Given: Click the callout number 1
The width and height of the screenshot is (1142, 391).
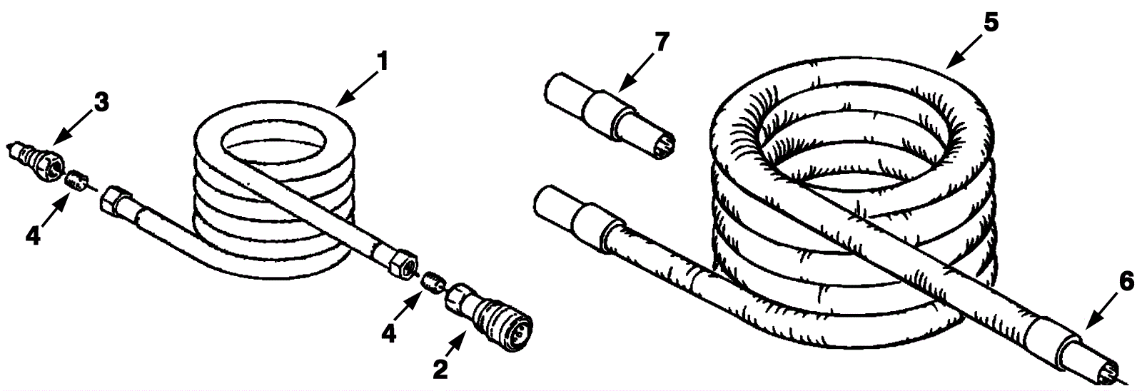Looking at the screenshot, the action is (383, 62).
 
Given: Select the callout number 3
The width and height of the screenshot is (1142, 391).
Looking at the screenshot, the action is (101, 103).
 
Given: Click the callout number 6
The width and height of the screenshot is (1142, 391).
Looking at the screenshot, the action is (1127, 282).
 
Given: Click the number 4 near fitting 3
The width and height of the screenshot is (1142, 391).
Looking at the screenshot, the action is (33, 236).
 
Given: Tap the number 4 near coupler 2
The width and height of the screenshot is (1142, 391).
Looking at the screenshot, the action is (389, 334).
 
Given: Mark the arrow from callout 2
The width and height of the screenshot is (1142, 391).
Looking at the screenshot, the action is (455, 344).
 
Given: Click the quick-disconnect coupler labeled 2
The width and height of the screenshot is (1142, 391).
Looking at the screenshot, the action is (489, 316).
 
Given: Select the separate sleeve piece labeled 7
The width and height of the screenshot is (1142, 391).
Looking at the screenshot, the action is (610, 116).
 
